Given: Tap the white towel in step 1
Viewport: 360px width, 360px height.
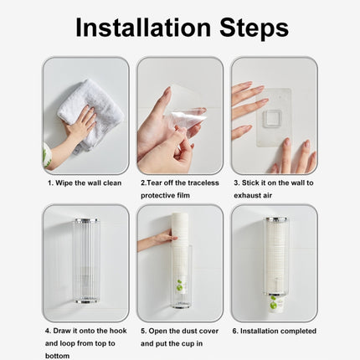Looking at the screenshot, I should (x=89, y=109).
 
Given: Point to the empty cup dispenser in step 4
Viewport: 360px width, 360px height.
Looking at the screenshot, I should (x=85, y=260).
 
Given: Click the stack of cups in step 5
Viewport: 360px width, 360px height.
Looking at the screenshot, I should (x=180, y=251).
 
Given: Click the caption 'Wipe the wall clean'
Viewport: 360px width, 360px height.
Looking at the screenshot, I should (x=87, y=182).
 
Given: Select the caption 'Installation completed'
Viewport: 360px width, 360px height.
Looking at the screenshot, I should (x=278, y=331).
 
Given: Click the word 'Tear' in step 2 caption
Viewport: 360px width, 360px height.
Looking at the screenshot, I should (x=157, y=182).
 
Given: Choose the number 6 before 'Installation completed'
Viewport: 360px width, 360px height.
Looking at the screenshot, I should (x=235, y=331).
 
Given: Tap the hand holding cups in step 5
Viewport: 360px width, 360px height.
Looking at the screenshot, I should (x=159, y=240).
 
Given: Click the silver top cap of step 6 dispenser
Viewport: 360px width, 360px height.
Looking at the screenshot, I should (x=273, y=221).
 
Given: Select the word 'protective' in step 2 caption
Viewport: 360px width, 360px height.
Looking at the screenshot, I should (x=159, y=195).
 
